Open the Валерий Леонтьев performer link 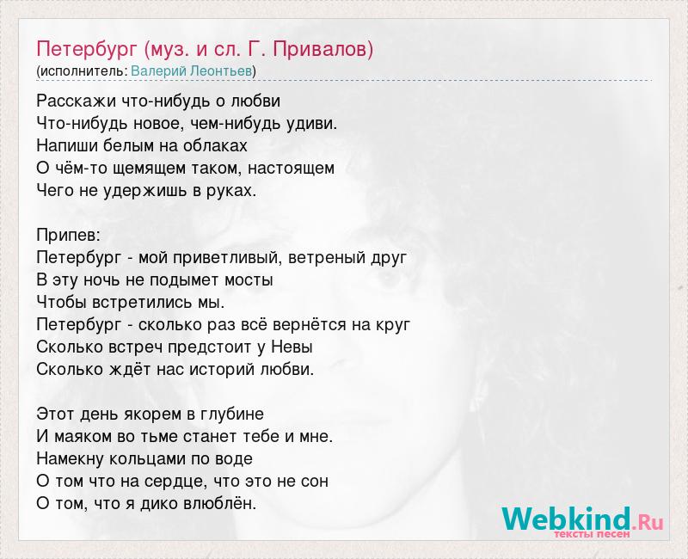coord(192,71)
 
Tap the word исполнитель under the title coord(83,71)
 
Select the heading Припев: coord(69,236)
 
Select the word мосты coord(249,280)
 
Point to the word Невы coord(292,347)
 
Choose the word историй coord(223,370)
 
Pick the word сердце coord(174,482)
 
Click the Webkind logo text coord(566,519)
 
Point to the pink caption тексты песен coord(593,534)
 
